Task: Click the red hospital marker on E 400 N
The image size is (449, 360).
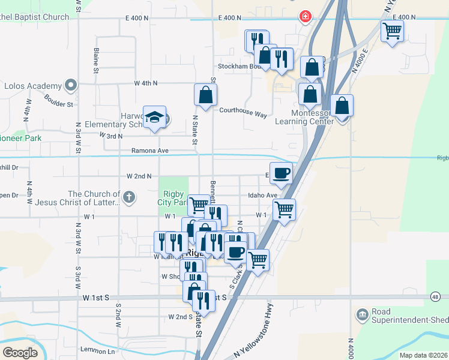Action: [306, 16]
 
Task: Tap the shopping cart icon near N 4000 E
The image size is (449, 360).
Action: [392, 30]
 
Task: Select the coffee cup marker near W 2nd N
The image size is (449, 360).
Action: [282, 173]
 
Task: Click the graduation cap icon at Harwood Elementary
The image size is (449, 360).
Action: [155, 117]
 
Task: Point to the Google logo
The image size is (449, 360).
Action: [20, 353]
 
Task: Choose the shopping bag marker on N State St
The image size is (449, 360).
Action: [205, 95]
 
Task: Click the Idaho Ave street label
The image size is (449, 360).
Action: [263, 196]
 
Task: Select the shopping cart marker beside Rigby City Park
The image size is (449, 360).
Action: [199, 205]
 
